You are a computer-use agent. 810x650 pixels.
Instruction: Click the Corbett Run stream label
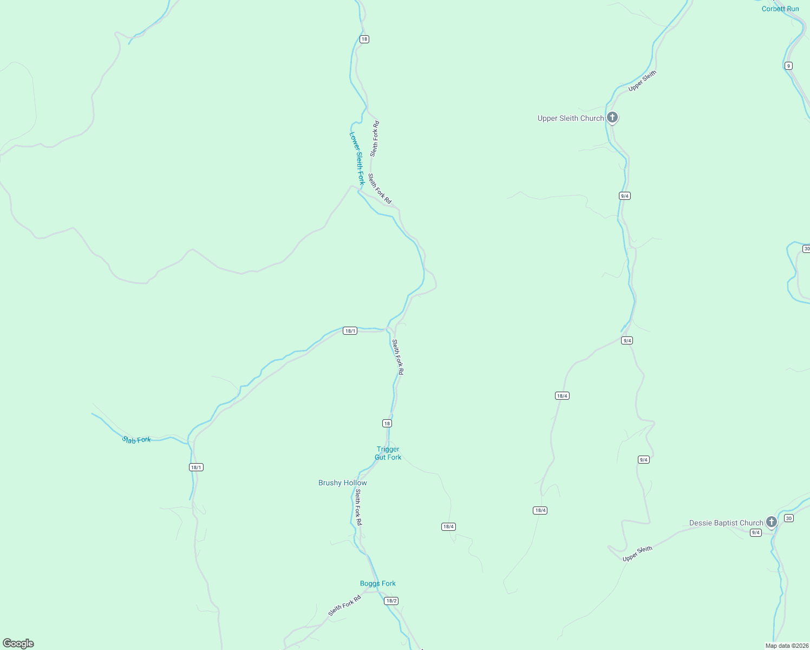[x=780, y=9]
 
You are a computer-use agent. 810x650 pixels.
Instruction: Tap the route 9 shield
[x=788, y=66]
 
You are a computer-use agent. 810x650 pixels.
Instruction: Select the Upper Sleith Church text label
[x=570, y=118]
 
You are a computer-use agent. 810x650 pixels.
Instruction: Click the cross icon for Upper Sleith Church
[x=612, y=117]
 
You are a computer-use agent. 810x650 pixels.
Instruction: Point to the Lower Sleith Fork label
[x=357, y=158]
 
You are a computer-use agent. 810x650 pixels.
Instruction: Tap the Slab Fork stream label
[x=136, y=440]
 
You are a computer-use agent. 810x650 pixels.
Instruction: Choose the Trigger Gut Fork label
[x=388, y=453]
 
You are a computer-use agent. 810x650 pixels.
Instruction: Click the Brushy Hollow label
[x=342, y=483]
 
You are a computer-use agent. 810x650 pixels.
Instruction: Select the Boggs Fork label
[x=377, y=583]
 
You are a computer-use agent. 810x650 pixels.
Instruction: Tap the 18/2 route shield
[x=391, y=601]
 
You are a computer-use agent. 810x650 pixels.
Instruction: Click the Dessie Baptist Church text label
[x=726, y=523]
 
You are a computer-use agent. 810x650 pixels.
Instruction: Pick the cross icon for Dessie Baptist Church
[x=772, y=522]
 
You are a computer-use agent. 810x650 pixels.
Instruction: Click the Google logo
[x=18, y=643]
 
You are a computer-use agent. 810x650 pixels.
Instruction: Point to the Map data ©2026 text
[x=786, y=646]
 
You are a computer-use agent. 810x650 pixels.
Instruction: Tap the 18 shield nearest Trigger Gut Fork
[x=387, y=423]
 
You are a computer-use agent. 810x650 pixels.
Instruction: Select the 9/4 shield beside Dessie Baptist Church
[x=756, y=532]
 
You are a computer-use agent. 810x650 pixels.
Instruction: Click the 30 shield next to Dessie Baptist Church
[x=788, y=518]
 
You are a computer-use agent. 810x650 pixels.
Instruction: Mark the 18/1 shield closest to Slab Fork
[x=196, y=467]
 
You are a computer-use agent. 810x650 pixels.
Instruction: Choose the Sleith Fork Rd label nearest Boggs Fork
[x=344, y=606]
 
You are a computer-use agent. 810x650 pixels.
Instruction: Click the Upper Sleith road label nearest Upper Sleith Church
[x=642, y=81]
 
